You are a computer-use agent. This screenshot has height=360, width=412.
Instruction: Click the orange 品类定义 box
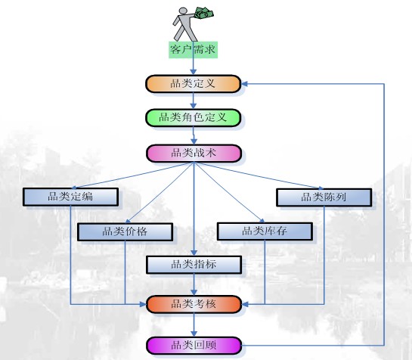point(193,84)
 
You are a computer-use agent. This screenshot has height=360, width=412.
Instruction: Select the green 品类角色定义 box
point(193,117)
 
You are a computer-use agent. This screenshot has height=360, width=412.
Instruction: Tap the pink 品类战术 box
point(194,153)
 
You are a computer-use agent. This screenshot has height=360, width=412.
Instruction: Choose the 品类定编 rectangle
point(70,197)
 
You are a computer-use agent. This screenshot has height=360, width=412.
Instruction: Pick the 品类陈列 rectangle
point(324,197)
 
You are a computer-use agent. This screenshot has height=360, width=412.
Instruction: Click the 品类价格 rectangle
point(125,231)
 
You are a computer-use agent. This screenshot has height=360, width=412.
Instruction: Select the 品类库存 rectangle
point(265,231)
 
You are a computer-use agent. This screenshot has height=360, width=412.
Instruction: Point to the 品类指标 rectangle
point(194,265)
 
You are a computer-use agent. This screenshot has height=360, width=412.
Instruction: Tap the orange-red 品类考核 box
point(194,304)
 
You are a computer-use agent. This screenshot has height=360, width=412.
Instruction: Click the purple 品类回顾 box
point(194,346)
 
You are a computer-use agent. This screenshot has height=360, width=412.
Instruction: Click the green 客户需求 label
point(193,49)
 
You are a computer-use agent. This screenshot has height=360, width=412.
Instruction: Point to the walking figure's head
point(183,11)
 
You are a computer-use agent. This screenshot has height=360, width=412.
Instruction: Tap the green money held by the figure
point(204,13)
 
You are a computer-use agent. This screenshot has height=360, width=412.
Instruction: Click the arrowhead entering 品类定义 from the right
point(244,84)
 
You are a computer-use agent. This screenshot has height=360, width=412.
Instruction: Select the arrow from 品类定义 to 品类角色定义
point(193,101)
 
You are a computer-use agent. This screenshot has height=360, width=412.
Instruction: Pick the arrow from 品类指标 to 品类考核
point(194,284)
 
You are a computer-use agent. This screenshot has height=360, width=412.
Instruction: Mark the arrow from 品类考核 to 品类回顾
point(194,324)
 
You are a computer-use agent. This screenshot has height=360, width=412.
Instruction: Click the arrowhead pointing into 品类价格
point(129,220)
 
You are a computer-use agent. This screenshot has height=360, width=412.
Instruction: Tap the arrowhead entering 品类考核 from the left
point(143,305)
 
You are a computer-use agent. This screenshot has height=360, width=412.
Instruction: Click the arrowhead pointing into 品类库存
point(262,220)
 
